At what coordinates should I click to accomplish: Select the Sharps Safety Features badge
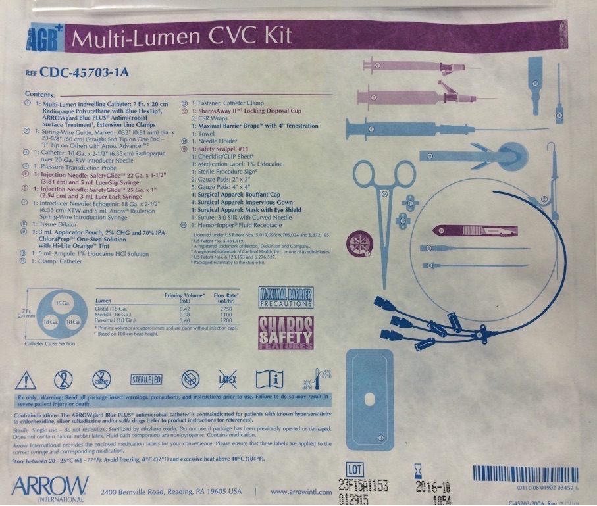[286, 332]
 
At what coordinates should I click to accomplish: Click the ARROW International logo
[49, 488]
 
